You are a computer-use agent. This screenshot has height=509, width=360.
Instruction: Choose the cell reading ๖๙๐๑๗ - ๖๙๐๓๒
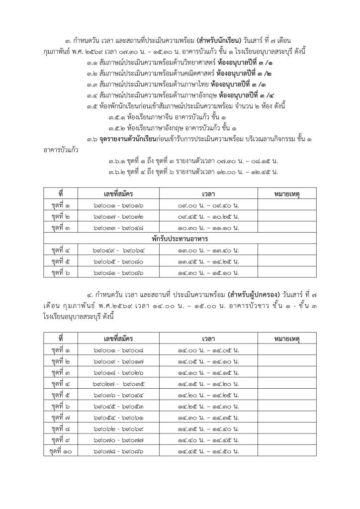[111, 216]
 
